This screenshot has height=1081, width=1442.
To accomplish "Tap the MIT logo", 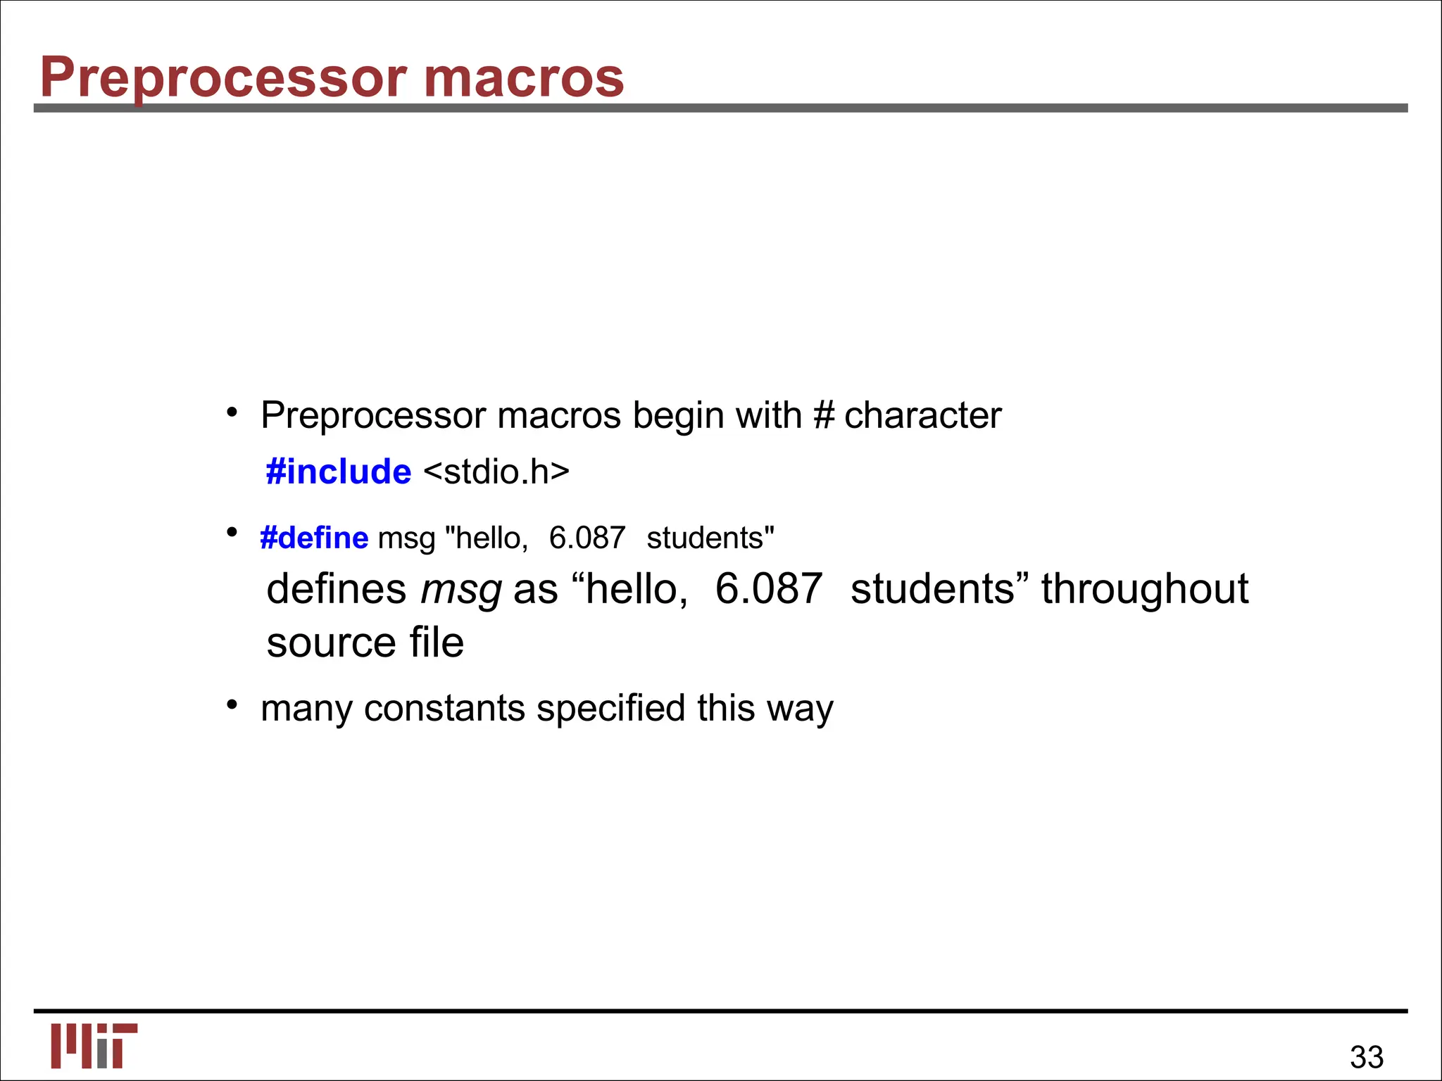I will pos(94,1046).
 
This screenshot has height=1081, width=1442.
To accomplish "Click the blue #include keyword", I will pos(339,472).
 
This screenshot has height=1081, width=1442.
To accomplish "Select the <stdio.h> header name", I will pos(496,472).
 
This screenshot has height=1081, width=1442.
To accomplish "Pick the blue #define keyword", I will pos(314,538).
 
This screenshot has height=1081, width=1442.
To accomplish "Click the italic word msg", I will pos(461,590).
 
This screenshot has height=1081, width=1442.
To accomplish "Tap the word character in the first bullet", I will pos(922,415).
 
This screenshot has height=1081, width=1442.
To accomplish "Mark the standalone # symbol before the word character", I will pos(823,415).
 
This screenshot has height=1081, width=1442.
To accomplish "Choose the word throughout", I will pos(1145,588).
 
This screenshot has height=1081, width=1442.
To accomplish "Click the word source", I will pos(332,643).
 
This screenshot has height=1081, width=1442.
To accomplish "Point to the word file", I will pos(437,643).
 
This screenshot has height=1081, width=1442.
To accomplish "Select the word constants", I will pos(444,708).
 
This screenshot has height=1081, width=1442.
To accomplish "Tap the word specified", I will pos(610,708).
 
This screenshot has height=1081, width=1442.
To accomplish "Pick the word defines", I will pos(337,588).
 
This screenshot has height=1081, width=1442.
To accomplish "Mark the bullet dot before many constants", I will pos(232,704).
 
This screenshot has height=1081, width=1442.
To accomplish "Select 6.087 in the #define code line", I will pos(587,538).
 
